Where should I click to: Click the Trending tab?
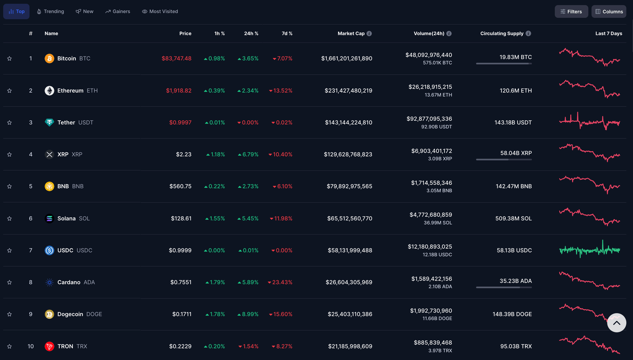(x=51, y=12)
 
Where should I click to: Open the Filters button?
(x=571, y=12)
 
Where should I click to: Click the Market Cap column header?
(x=351, y=33)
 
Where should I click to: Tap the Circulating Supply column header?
(x=502, y=33)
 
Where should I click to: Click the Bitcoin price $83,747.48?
(x=176, y=58)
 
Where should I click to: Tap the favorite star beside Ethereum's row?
(x=9, y=91)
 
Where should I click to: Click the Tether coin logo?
(x=49, y=122)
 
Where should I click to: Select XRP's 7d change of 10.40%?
(x=282, y=154)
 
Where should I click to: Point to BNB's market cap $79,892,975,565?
(x=349, y=186)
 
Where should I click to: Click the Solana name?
(x=66, y=218)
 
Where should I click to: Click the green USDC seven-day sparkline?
(x=589, y=250)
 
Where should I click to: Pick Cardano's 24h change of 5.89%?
(x=250, y=282)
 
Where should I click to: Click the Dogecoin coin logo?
(x=49, y=314)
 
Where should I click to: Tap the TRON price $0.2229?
(x=180, y=346)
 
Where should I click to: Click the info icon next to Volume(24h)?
(x=449, y=33)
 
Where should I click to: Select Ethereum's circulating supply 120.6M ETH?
(x=516, y=91)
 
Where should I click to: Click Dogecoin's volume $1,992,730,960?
(x=431, y=311)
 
